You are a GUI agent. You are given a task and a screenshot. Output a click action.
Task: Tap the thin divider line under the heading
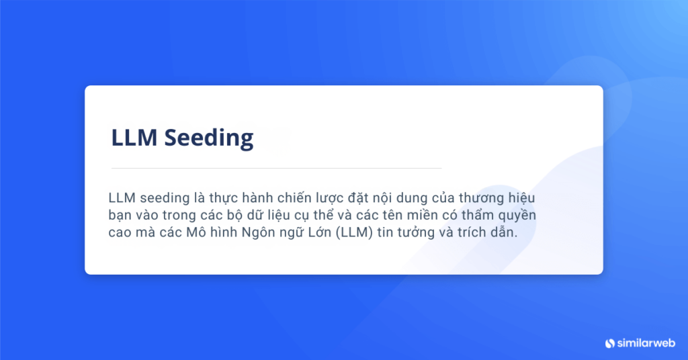pos(276,168)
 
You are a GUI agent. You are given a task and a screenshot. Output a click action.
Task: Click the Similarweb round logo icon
pos(610,343)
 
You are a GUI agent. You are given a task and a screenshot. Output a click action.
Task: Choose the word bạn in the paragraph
pos(121,216)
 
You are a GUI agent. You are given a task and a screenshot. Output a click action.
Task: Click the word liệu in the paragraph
pos(310,216)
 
